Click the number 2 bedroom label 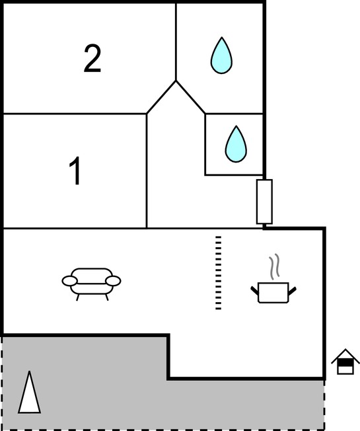pyautogui.click(x=92, y=58)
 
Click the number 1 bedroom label pyautogui.click(x=75, y=171)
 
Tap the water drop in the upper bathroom pyautogui.click(x=221, y=56)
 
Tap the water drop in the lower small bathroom pyautogui.click(x=236, y=144)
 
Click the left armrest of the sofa pyautogui.click(x=70, y=281)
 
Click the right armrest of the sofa pyautogui.click(x=113, y=281)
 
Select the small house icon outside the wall pyautogui.click(x=345, y=362)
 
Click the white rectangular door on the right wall pyautogui.click(x=264, y=202)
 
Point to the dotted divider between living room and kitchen pyautogui.click(x=218, y=272)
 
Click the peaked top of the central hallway pyautogui.click(x=176, y=81)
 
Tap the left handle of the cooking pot pyautogui.click(x=254, y=291)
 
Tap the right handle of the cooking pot pyautogui.click(x=292, y=291)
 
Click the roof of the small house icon pyautogui.click(x=345, y=355)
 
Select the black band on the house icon pyautogui.click(x=345, y=364)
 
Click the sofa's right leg pyautogui.click(x=107, y=297)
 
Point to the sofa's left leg pyautogui.click(x=78, y=297)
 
